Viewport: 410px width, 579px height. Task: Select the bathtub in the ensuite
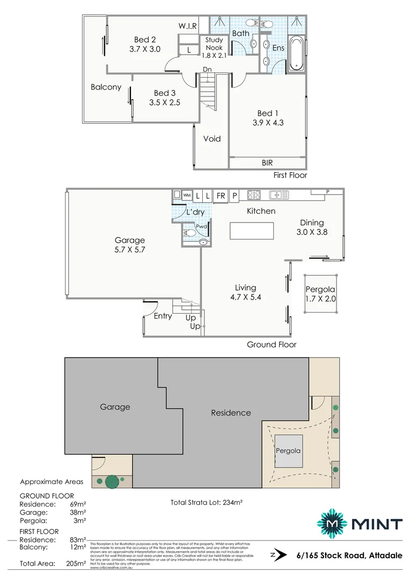pyautogui.click(x=296, y=54)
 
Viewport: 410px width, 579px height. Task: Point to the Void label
pyautogui.click(x=212, y=139)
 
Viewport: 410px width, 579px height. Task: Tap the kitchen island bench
pyautogui.click(x=251, y=231)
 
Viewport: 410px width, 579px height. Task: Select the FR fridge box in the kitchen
pyautogui.click(x=221, y=196)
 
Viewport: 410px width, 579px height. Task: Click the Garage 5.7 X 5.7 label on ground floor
pyautogui.click(x=130, y=244)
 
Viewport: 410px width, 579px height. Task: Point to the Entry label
pyautogui.click(x=163, y=316)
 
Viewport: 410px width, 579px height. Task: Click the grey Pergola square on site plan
pyautogui.click(x=288, y=451)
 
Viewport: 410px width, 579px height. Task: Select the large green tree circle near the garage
pyautogui.click(x=112, y=481)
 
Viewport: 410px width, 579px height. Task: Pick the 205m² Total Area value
pyautogui.click(x=76, y=563)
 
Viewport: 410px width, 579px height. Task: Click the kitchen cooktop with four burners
pyautogui.click(x=254, y=195)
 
